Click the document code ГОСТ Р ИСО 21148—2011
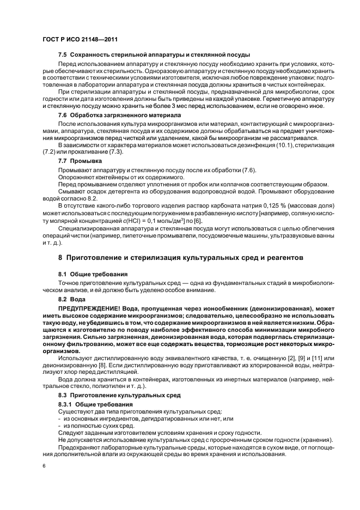coord(80,40)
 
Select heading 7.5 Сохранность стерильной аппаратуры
coord(154,56)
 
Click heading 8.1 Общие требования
coord(93,274)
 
